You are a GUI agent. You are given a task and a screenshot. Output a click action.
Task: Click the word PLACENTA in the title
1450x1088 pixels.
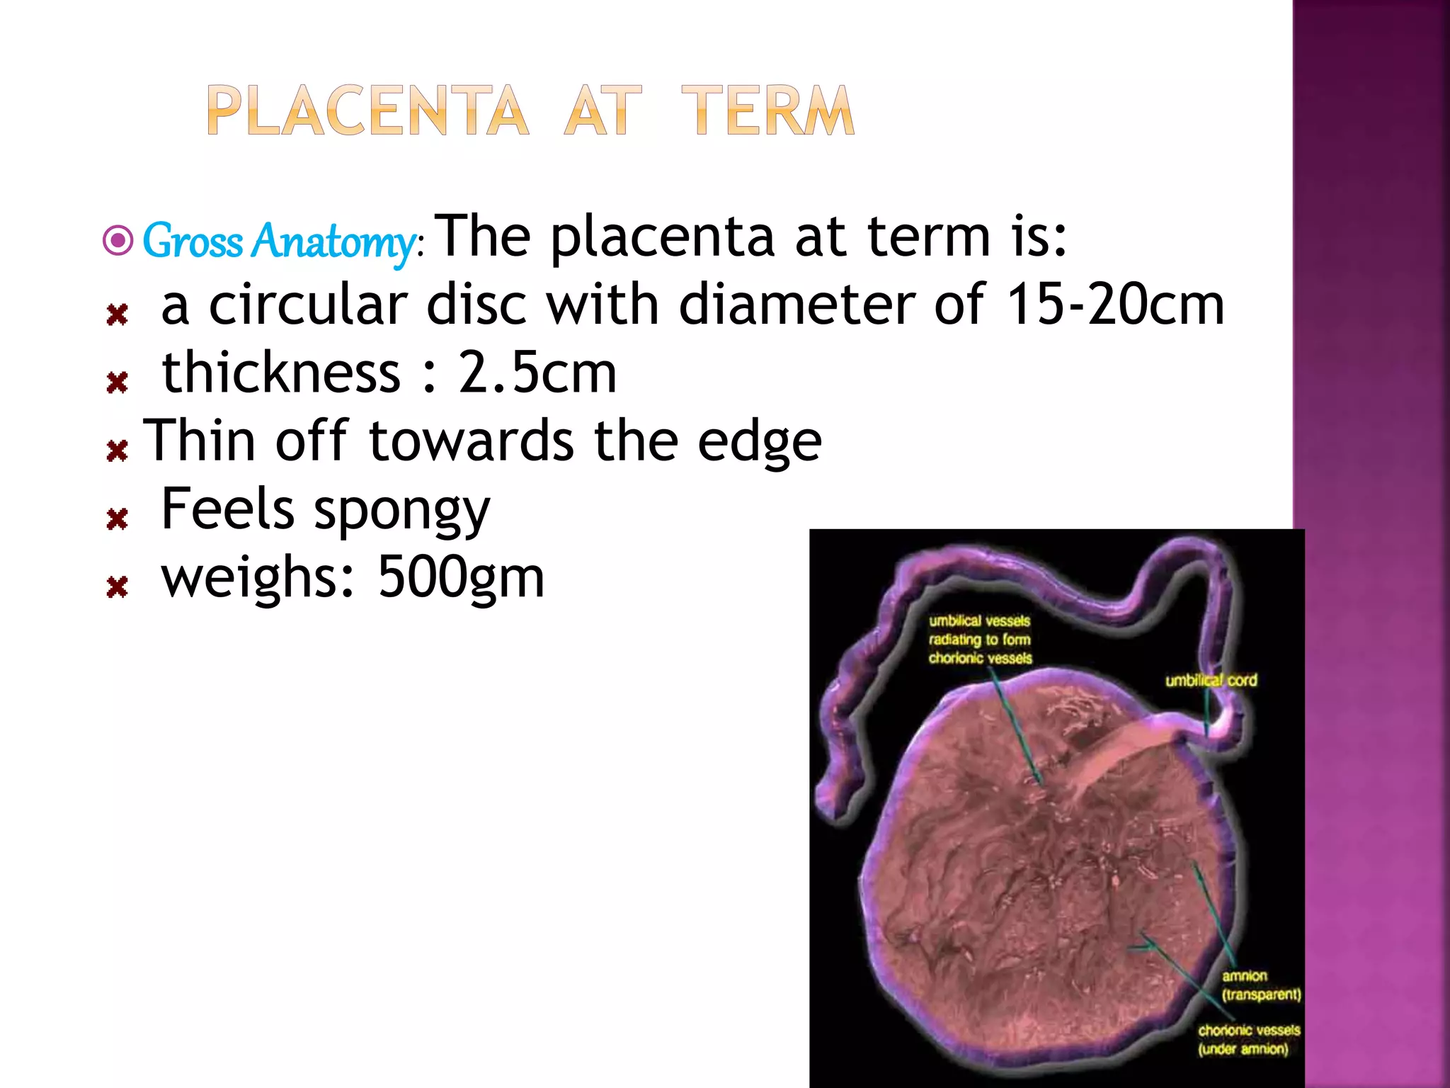click(x=367, y=110)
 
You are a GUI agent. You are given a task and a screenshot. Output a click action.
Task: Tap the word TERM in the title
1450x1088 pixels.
click(x=767, y=110)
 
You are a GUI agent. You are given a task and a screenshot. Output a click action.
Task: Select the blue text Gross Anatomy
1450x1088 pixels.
click(x=280, y=241)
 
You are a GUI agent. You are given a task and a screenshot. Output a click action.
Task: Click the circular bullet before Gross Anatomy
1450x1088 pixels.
click(x=118, y=241)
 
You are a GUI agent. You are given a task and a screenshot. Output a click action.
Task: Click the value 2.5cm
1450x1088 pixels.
click(x=537, y=373)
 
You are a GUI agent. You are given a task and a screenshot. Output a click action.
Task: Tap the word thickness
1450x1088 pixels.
click(x=281, y=373)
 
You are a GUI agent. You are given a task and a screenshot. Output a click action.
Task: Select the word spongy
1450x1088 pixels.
click(x=401, y=511)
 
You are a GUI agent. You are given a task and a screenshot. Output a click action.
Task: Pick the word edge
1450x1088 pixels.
click(x=759, y=442)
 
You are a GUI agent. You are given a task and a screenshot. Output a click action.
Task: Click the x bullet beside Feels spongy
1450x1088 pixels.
click(x=118, y=519)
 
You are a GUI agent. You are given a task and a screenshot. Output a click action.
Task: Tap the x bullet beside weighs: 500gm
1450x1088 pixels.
click(x=118, y=586)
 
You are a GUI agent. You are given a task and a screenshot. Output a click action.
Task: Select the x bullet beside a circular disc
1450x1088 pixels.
click(x=118, y=314)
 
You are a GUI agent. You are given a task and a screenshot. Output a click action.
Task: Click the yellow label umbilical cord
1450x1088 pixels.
click(x=1211, y=681)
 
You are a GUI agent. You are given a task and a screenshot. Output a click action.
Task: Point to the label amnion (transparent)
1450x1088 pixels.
click(x=1260, y=985)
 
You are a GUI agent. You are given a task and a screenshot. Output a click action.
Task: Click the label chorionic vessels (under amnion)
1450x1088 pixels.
click(x=1249, y=1039)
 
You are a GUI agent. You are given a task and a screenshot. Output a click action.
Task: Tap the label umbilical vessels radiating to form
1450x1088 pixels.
click(x=980, y=630)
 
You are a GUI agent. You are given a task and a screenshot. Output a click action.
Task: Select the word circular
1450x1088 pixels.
click(x=308, y=305)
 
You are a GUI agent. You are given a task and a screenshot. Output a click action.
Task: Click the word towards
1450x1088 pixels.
click(x=472, y=442)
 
